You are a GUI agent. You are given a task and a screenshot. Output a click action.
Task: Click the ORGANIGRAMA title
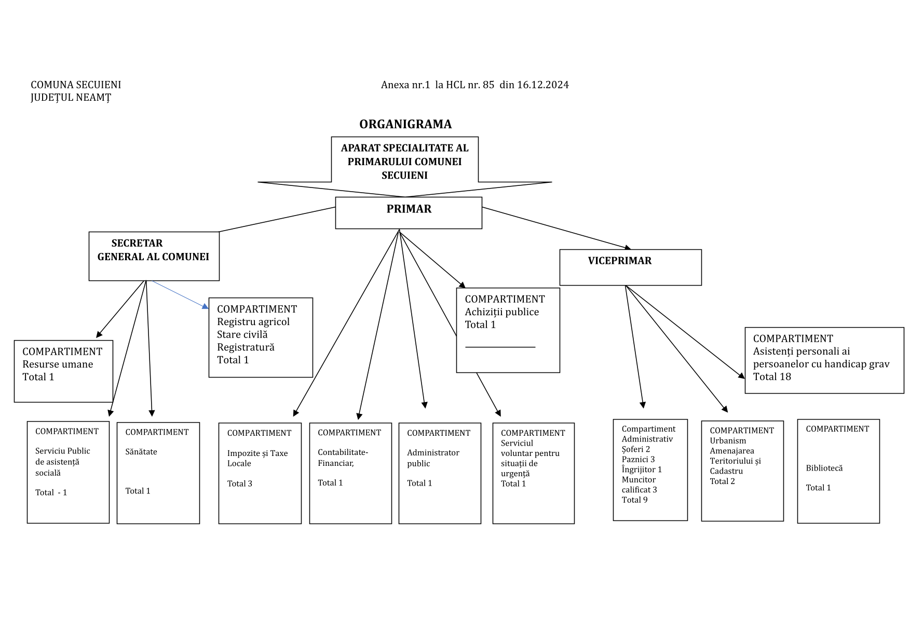pyautogui.click(x=405, y=125)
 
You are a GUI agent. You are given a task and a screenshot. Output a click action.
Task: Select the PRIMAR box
pyautogui.click(x=409, y=212)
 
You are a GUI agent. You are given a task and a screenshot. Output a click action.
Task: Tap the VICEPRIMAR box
pyautogui.click(x=630, y=267)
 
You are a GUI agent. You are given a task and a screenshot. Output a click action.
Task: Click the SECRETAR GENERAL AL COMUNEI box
pyautogui.click(x=154, y=256)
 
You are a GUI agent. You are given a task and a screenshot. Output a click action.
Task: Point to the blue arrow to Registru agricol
pyautogui.click(x=179, y=295)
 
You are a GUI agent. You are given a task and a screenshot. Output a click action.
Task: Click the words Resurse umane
pyautogui.click(x=58, y=365)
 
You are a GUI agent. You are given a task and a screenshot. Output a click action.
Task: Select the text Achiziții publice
pyautogui.click(x=501, y=312)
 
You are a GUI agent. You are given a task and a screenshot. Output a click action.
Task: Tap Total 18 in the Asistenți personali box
pyautogui.click(x=772, y=377)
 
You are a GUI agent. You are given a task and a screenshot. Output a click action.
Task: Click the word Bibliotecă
pyautogui.click(x=824, y=468)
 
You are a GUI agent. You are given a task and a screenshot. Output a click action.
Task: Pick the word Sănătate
pyautogui.click(x=141, y=452)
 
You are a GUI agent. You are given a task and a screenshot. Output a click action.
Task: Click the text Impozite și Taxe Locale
pyautogui.click(x=257, y=458)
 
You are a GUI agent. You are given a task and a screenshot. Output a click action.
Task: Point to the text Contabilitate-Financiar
pyautogui.click(x=343, y=458)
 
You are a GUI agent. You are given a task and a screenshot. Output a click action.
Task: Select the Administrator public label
pyautogui.click(x=433, y=458)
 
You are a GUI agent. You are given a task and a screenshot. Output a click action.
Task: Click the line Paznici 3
pyautogui.click(x=638, y=460)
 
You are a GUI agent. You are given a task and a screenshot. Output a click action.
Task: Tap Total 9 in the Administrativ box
pyautogui.click(x=634, y=500)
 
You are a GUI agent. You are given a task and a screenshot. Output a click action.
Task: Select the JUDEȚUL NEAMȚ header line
pyautogui.click(x=71, y=98)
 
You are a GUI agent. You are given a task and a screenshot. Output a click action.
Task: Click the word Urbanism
pyautogui.click(x=728, y=441)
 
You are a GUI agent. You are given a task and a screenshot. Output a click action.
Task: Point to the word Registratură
pyautogui.click(x=246, y=347)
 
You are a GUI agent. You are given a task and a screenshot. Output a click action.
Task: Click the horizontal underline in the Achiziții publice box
pyautogui.click(x=500, y=347)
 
